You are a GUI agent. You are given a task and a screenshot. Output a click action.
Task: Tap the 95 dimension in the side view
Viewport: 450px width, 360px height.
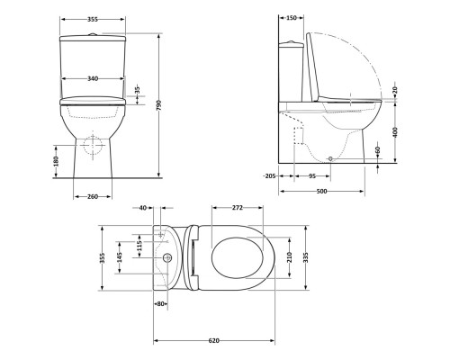pyautogui.click(x=310, y=176)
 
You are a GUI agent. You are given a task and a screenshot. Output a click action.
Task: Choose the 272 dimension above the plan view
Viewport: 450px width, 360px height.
pyautogui.click(x=238, y=208)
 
